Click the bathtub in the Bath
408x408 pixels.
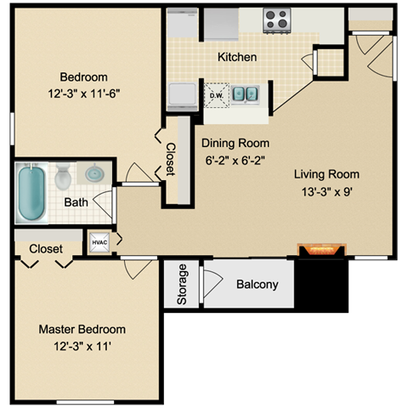31,193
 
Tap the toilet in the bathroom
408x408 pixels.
63,176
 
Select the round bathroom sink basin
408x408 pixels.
94,173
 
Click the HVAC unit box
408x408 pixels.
99,242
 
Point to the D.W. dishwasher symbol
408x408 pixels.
217,95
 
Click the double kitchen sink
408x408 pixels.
245,94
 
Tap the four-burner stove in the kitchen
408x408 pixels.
277,20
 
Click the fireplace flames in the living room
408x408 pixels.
322,250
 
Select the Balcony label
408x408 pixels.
258,284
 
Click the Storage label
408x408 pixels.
182,284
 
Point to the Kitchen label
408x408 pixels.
237,57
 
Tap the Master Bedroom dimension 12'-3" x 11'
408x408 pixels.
82,346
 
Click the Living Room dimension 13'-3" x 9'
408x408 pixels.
326,192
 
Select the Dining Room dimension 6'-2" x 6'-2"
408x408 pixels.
235,161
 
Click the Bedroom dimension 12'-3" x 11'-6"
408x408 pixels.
84,93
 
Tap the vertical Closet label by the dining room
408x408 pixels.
171,159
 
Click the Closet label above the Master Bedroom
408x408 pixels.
46,249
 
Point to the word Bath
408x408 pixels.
76,202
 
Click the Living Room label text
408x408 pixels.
326,174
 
